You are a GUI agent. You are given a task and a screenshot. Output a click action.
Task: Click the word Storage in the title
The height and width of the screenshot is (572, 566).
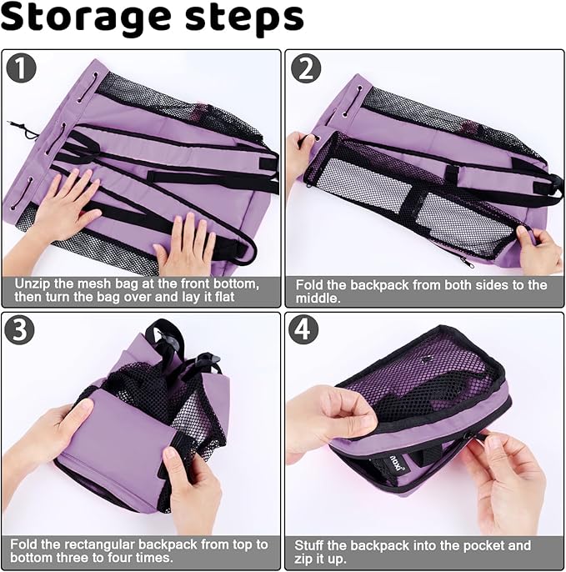(x=86, y=19)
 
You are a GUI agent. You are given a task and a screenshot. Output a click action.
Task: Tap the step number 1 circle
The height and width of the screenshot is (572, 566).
(x=21, y=68)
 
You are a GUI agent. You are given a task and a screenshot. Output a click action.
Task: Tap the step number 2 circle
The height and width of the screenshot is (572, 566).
(x=306, y=68)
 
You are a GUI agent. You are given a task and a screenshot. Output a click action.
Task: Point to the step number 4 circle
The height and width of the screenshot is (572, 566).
(x=303, y=329)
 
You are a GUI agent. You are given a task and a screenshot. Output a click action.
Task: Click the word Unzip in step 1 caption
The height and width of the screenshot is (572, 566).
(x=32, y=284)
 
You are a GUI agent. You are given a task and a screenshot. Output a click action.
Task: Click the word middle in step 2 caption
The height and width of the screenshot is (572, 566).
(x=318, y=299)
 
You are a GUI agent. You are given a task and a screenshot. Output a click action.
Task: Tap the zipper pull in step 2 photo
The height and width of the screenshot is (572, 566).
(x=467, y=262)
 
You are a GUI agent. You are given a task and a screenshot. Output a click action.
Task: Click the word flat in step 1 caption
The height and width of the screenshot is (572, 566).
(x=223, y=297)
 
